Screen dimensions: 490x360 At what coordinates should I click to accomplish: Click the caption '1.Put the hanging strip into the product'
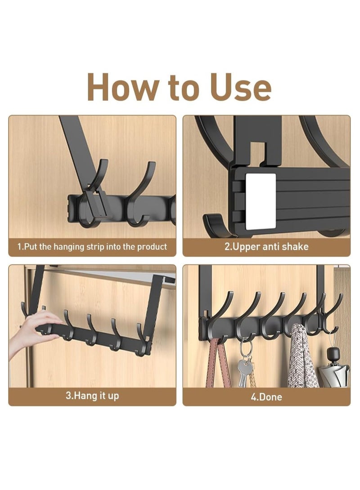(x=92, y=247)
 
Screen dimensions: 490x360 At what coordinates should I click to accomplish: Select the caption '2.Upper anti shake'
(x=266, y=247)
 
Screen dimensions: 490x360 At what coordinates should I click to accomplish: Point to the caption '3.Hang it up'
(x=92, y=396)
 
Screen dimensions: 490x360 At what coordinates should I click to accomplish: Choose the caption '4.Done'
(x=266, y=397)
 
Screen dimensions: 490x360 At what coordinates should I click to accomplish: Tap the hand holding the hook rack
(x=31, y=333)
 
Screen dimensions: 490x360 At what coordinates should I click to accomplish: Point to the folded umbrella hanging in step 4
(x=334, y=373)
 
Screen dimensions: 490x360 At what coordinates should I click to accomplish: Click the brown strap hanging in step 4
(x=218, y=364)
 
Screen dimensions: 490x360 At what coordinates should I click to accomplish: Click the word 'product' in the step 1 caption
(x=152, y=247)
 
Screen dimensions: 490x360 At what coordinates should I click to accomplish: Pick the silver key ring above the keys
(x=245, y=348)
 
